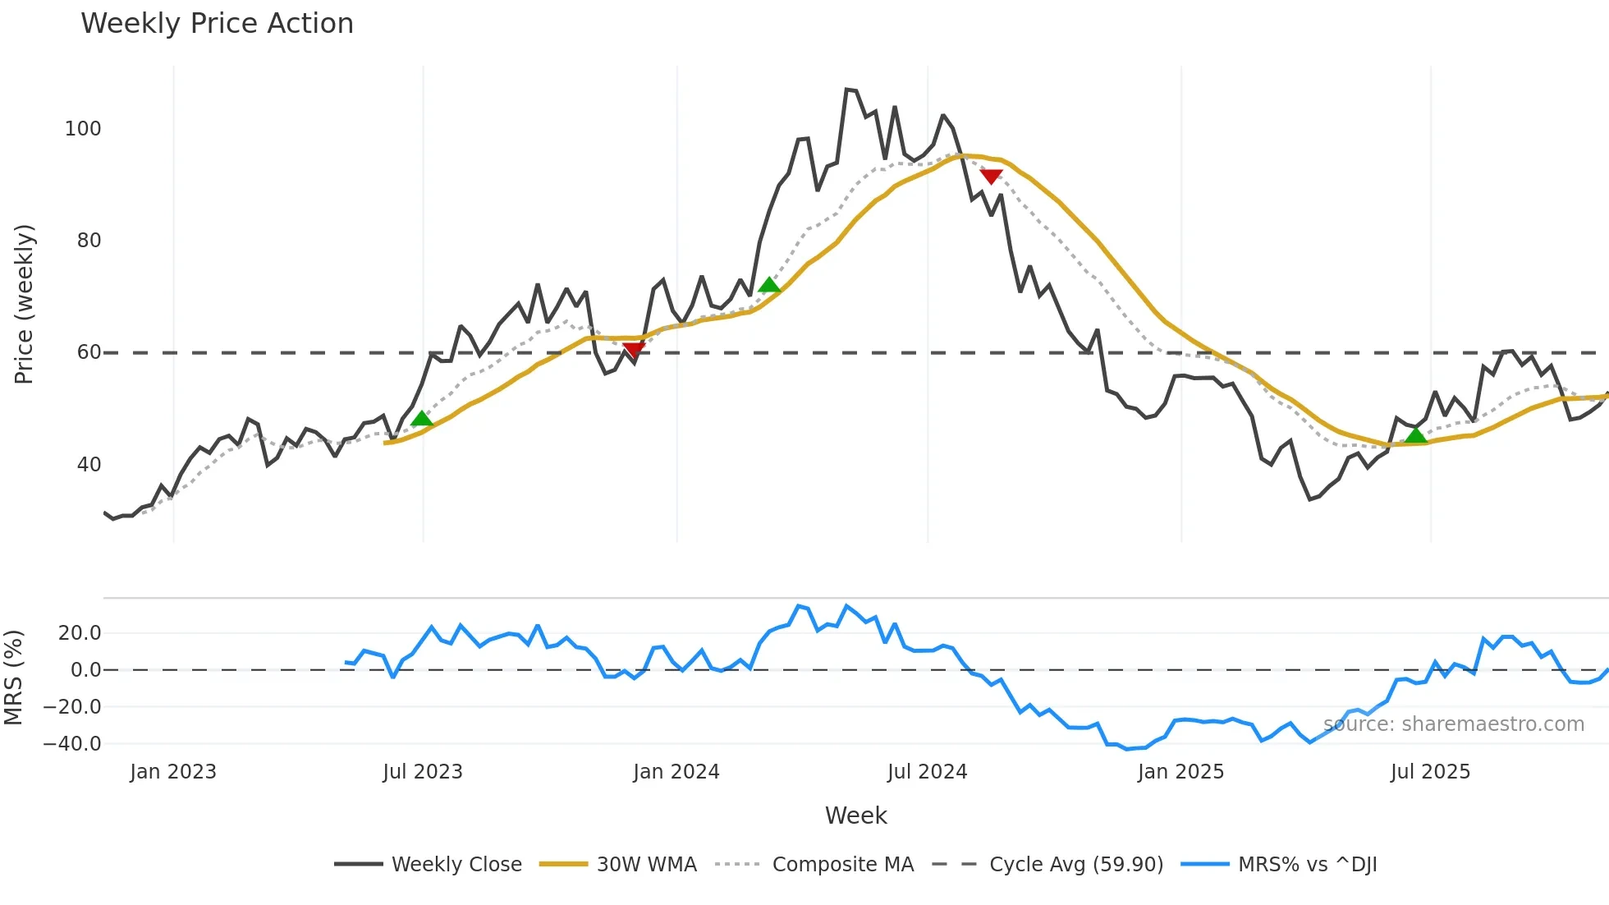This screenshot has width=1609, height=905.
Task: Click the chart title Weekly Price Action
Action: [217, 24]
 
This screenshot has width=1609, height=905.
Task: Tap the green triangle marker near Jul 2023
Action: [421, 419]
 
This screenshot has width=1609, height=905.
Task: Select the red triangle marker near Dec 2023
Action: [634, 351]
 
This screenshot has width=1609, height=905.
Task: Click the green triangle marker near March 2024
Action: [769, 285]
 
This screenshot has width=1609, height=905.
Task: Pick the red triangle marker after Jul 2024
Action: [991, 177]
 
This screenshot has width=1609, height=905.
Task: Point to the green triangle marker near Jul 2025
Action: [1415, 435]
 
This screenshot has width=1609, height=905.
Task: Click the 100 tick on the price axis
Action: [83, 129]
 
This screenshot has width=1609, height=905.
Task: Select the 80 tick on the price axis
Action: [89, 241]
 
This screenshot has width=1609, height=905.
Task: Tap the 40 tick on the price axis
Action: [89, 465]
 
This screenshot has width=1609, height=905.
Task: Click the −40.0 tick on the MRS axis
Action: [72, 744]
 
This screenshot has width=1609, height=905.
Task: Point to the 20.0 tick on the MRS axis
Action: [80, 633]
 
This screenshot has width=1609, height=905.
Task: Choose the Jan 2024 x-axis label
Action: [676, 772]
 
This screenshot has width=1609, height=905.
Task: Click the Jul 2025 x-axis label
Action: [1430, 772]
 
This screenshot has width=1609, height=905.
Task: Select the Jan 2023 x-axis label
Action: [173, 772]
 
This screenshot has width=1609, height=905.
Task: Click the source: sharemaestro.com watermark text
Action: [1453, 724]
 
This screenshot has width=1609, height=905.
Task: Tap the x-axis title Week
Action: [855, 815]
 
